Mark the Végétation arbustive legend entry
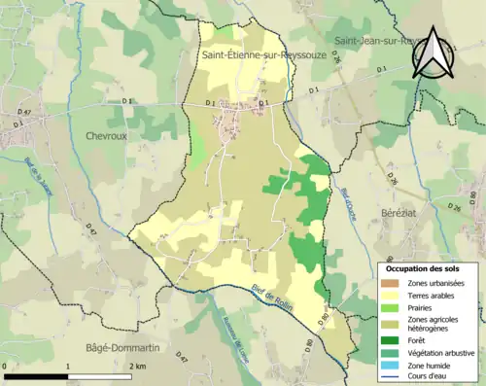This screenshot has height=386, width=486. coord(443,353)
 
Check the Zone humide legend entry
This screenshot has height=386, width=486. coord(432,365)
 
